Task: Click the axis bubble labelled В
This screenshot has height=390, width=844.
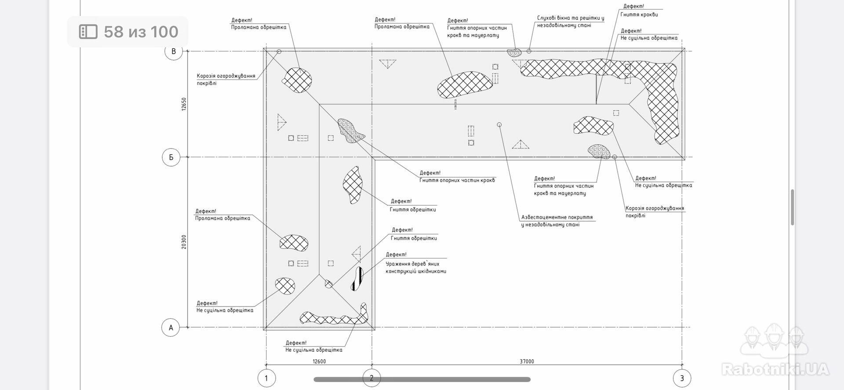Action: (x=174, y=51)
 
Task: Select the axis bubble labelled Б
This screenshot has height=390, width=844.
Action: (x=171, y=157)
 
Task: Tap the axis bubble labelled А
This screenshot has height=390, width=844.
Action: (x=171, y=328)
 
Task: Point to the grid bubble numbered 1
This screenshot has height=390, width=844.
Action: (x=266, y=378)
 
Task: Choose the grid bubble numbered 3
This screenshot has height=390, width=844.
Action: (x=682, y=378)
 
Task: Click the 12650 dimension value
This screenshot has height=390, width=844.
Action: (x=184, y=104)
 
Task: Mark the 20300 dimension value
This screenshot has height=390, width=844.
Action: (x=184, y=242)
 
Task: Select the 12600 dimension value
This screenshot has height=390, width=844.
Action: (x=319, y=361)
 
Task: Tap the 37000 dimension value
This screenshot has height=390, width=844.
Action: (x=527, y=361)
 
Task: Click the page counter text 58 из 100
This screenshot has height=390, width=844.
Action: (x=141, y=32)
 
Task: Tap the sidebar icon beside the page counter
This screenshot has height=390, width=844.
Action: (x=88, y=32)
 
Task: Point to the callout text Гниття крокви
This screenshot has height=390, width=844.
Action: (x=639, y=15)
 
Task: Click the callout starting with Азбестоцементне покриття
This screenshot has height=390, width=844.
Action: (x=557, y=221)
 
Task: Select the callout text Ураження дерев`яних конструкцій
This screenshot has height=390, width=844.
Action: (x=416, y=267)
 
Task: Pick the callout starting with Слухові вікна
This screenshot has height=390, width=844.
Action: (x=570, y=22)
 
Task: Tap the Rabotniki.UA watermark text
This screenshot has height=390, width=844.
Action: (x=775, y=369)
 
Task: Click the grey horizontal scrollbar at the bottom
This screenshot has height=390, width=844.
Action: (x=422, y=379)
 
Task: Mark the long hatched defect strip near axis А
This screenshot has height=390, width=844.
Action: (x=334, y=317)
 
